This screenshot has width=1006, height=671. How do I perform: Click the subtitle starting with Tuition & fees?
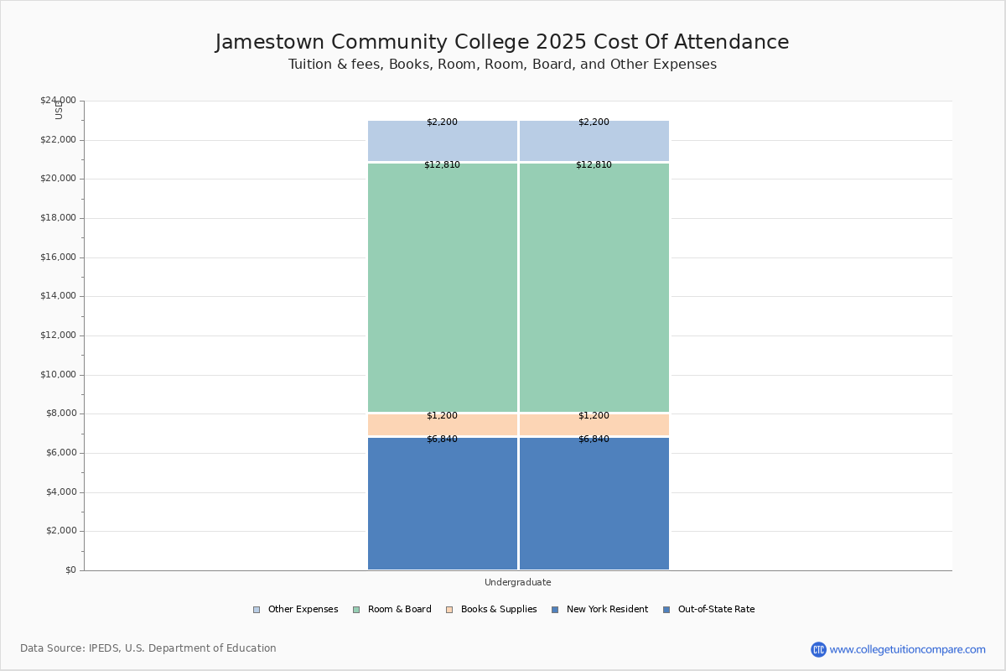pos(502,65)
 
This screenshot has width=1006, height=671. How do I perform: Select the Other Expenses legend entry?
pos(295,610)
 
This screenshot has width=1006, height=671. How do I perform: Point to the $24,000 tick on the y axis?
pos(58,101)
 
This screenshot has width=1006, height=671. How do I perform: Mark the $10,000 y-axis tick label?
pos(58,375)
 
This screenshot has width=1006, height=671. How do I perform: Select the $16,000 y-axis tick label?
pos(58,257)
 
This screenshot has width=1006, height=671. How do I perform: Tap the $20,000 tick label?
pos(58,179)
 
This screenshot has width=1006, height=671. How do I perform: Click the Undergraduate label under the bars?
pos(517,582)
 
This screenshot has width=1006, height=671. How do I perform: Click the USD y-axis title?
pos(59,110)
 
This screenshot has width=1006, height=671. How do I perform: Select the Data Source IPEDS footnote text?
pos(148,648)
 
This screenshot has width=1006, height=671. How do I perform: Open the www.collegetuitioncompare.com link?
pos(907,649)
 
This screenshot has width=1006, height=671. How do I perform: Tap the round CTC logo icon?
pos(818,649)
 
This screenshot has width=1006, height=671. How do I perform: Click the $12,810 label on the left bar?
pos(442,165)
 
